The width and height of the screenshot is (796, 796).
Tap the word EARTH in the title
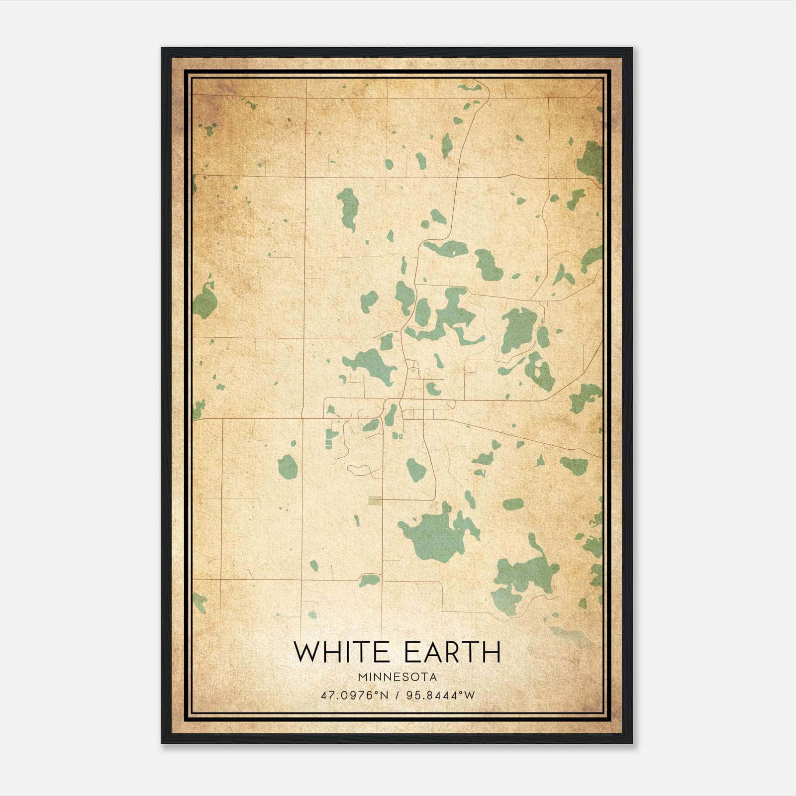[x=452, y=652]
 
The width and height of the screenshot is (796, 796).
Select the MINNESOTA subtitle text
[x=397, y=677]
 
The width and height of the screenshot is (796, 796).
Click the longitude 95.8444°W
[x=441, y=695]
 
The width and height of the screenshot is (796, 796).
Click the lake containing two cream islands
[x=540, y=371]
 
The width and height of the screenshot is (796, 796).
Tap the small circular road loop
[x=426, y=371]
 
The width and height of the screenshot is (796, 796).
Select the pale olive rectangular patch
[x=376, y=500]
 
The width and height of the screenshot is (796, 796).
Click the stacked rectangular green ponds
[x=329, y=438]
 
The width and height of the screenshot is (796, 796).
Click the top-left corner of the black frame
[x=162, y=48]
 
